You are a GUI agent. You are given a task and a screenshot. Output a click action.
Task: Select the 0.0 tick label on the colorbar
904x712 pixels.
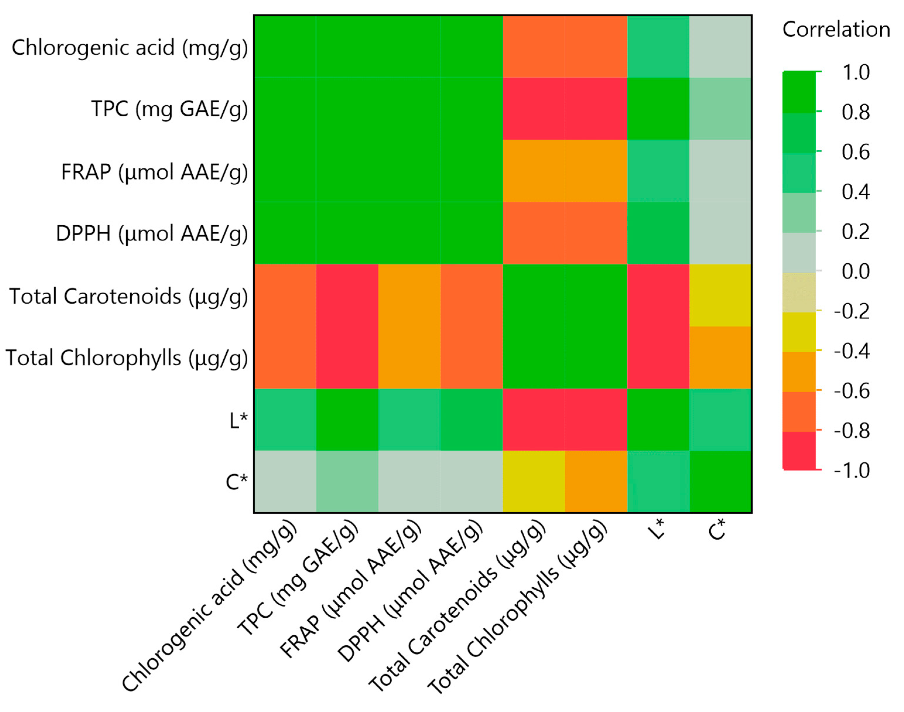click(856, 272)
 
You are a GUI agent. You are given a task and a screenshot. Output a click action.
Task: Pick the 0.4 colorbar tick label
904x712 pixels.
click(856, 192)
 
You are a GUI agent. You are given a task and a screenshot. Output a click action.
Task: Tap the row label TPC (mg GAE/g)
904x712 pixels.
click(169, 110)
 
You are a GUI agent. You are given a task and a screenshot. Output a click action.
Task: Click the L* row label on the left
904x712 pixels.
click(238, 420)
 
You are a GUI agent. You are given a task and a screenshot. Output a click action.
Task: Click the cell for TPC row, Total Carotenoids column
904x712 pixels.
click(534, 109)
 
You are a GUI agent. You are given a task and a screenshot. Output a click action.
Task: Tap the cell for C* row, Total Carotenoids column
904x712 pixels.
click(534, 482)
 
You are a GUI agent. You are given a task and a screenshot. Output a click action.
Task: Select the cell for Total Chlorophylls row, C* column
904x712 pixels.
click(720, 357)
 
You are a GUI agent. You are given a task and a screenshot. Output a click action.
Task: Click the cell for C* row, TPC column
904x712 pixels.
click(347, 482)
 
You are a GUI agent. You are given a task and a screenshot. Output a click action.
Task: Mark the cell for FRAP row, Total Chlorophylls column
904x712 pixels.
click(596, 171)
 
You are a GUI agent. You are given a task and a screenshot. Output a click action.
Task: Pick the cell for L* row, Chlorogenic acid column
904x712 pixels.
click(285, 419)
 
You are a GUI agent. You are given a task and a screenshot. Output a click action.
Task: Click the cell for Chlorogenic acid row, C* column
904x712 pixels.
click(720, 47)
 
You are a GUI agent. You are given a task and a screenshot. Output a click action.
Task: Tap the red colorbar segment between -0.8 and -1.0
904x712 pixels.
click(799, 450)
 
